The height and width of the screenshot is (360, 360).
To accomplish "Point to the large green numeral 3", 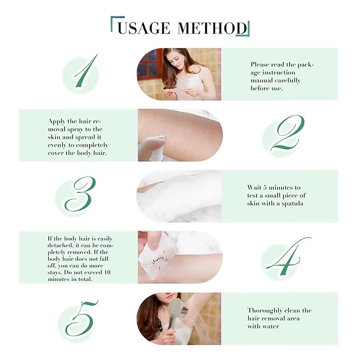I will [80, 195].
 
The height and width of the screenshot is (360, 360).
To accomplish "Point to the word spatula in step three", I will [291, 203].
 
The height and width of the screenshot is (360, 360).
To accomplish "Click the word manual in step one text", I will [262, 81].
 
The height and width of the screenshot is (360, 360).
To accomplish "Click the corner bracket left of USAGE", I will [113, 22].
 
